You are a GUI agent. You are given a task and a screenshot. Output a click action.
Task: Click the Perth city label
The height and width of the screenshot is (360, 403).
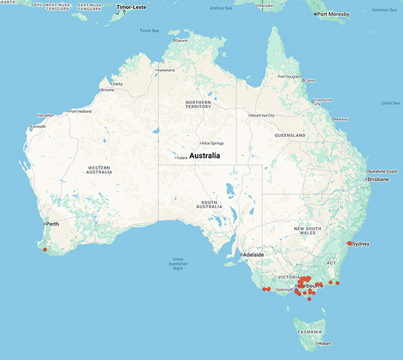click(53, 223)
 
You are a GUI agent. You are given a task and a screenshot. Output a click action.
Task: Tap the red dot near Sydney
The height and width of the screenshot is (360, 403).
click(349, 243)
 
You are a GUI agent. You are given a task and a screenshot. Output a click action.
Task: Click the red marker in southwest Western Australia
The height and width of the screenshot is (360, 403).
click(45, 249)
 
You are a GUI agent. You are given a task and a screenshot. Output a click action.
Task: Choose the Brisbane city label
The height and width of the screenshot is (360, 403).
click(378, 179)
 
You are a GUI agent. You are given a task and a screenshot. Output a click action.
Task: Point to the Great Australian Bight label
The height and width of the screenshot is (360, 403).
click(177, 265)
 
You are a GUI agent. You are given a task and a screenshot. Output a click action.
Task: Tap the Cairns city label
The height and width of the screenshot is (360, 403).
click(309, 81)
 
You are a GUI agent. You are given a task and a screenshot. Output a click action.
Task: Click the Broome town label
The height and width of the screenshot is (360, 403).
click(107, 89)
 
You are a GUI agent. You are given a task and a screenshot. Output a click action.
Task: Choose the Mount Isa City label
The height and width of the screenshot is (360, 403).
click(263, 115)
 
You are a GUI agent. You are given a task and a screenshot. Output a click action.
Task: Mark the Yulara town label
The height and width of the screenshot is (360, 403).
click(181, 158)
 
